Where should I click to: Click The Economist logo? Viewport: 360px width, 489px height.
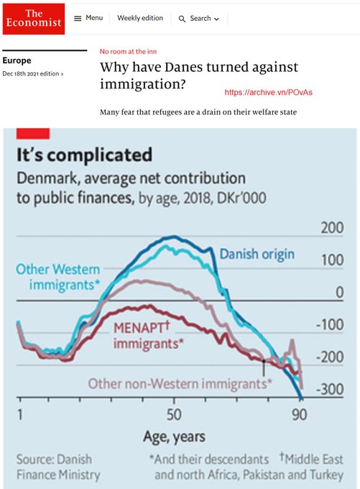point(33,19)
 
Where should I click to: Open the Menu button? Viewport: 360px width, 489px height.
point(88,18)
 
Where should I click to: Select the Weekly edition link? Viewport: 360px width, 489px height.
point(140,18)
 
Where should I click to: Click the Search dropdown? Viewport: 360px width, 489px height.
point(198,18)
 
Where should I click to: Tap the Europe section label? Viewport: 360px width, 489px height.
point(18,61)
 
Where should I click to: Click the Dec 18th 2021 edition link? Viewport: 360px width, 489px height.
point(32,74)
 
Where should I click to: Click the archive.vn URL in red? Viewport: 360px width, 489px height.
point(269,93)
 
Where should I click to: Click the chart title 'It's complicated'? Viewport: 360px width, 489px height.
point(84,155)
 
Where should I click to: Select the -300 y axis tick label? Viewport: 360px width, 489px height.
point(329,389)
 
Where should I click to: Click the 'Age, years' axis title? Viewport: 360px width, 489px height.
point(175,436)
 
